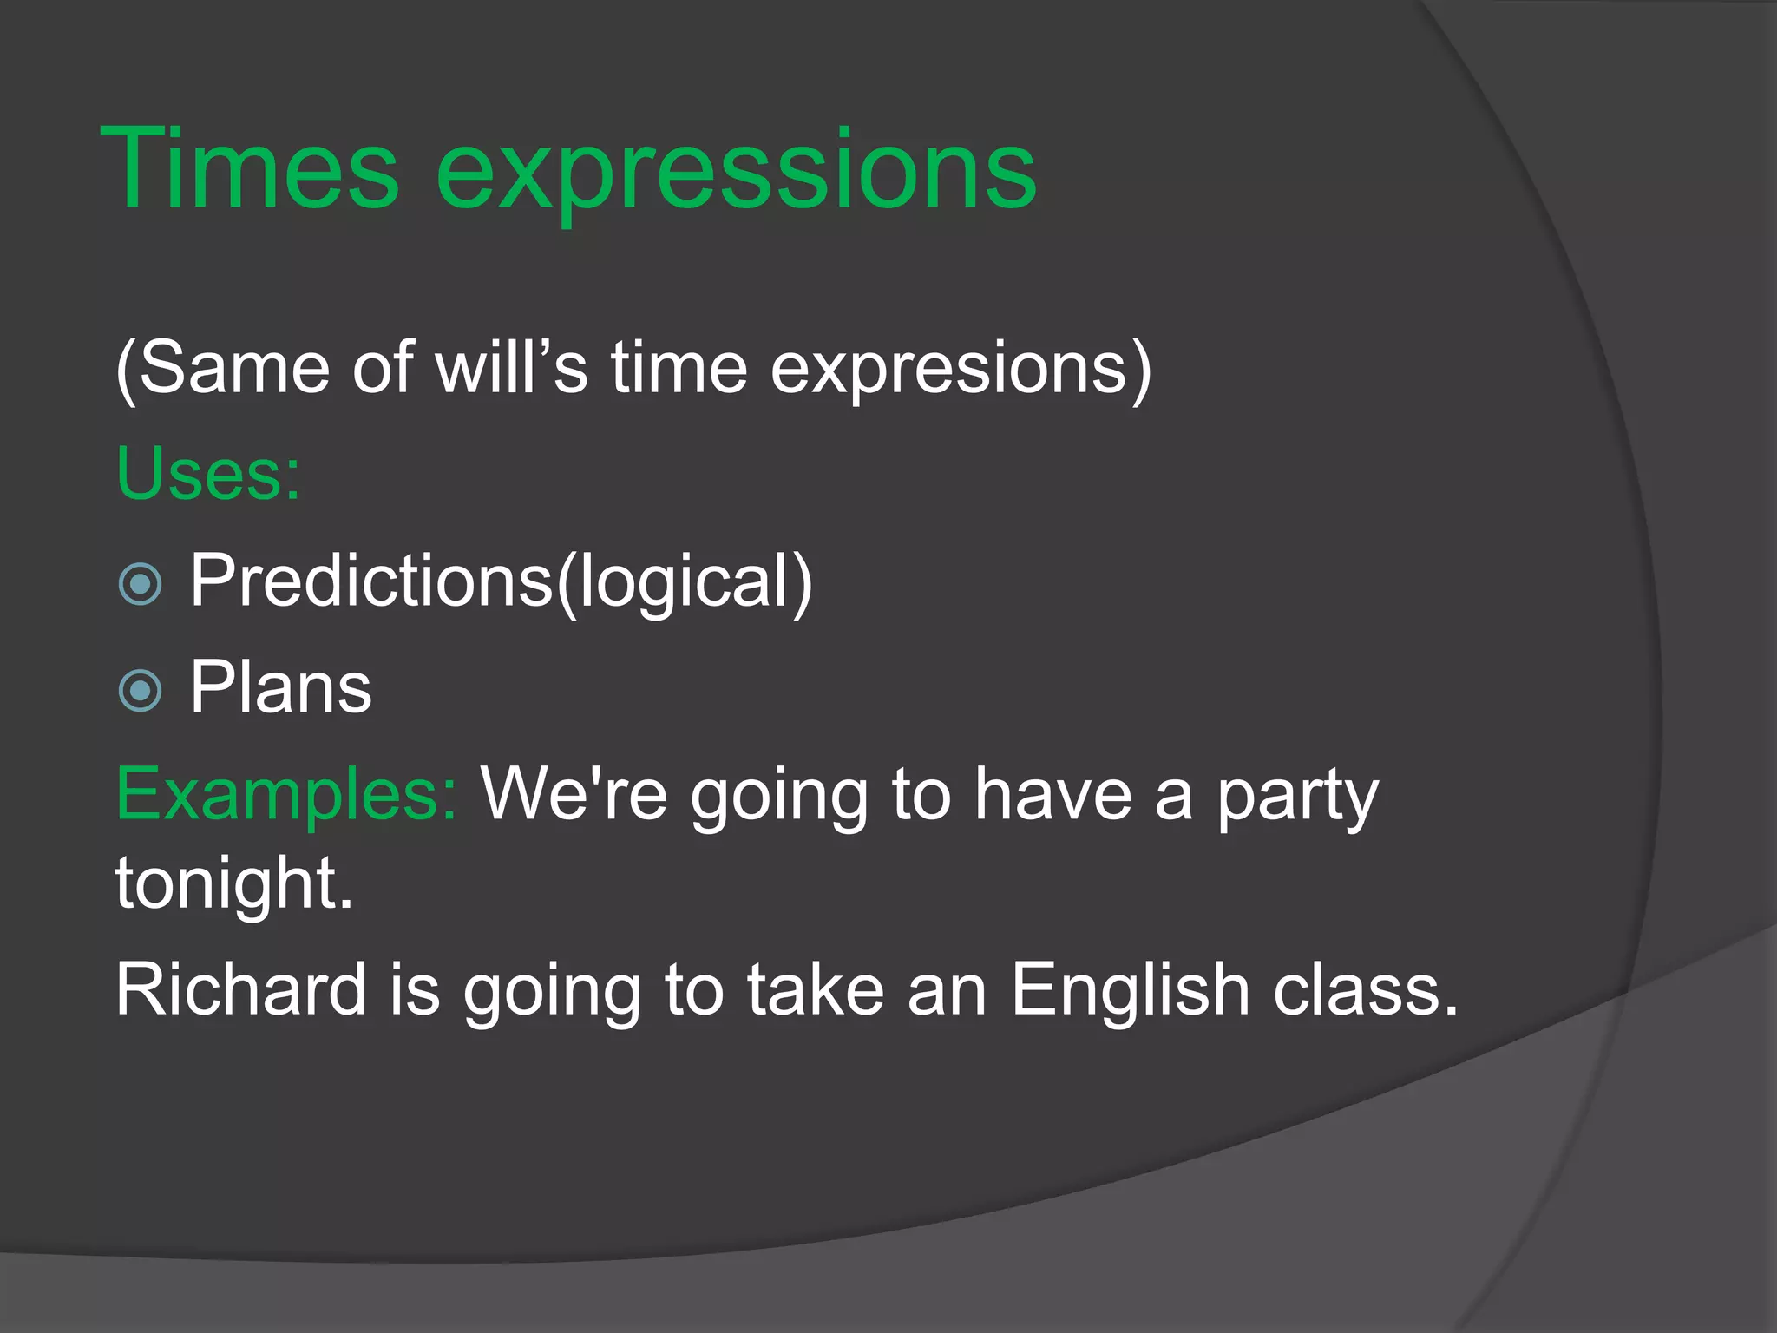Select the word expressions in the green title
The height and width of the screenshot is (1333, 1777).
736,170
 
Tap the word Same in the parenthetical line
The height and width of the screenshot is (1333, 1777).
233,368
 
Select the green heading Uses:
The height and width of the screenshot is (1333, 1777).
208,474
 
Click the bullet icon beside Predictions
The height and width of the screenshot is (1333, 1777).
140,583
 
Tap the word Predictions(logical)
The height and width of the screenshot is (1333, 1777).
502,581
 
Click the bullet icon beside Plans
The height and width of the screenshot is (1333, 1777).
140,691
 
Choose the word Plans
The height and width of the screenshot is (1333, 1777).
281,687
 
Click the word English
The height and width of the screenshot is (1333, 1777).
1130,991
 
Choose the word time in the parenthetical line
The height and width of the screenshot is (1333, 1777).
679,368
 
